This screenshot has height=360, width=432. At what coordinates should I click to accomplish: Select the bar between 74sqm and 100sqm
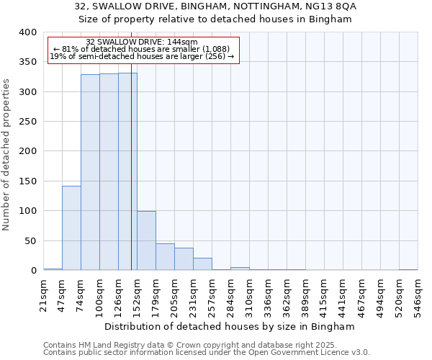click(x=90, y=172)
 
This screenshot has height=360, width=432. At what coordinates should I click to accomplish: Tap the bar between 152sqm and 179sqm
click(x=146, y=240)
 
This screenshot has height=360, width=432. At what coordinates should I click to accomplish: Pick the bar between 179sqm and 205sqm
click(x=165, y=257)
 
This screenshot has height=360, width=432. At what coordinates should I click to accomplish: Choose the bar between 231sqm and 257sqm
click(x=202, y=264)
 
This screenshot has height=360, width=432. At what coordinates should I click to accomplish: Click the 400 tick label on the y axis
click(x=27, y=32)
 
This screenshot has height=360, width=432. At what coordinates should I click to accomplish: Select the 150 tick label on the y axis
click(x=27, y=181)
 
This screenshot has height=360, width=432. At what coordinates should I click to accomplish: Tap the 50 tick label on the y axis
click(x=30, y=241)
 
